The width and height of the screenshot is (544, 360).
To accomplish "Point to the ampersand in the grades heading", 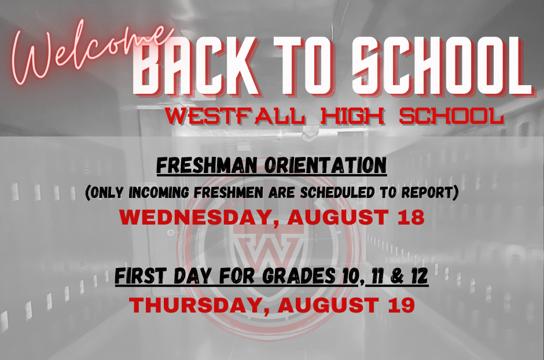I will click(396, 277).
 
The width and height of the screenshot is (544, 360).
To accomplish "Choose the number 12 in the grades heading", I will click(418, 277).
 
